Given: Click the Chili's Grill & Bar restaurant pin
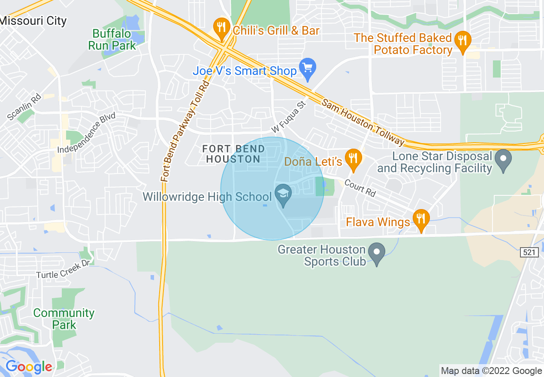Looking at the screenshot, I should (x=221, y=28).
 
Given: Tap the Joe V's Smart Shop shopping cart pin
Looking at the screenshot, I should (x=307, y=69).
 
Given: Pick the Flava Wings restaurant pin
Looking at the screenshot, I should (x=421, y=219).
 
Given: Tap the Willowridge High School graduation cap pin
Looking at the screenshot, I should (x=283, y=195).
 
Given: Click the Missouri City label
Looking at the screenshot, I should (x=33, y=21).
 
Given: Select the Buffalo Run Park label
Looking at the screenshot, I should (x=112, y=39).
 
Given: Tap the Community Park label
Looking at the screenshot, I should (x=64, y=319).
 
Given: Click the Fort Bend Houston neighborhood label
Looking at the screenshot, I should (x=232, y=154).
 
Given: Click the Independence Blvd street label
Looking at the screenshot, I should (x=87, y=132).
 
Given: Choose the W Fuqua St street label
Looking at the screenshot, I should (x=290, y=117).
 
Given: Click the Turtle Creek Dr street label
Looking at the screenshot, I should (x=63, y=269).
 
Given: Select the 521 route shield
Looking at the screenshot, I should (x=530, y=253).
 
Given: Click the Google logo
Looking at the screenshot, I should (x=29, y=367).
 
